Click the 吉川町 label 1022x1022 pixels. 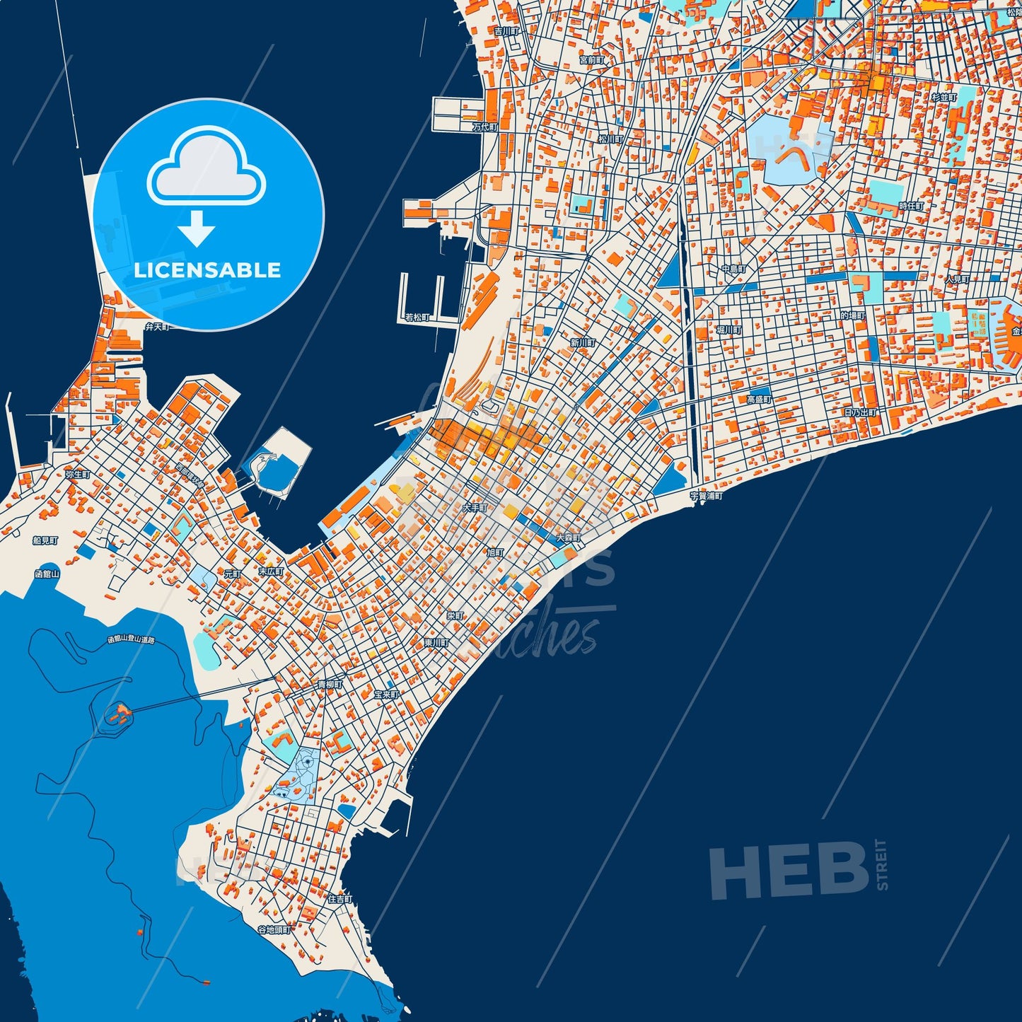(506, 31)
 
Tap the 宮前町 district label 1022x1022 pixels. (591, 61)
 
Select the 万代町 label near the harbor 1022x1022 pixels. (485, 127)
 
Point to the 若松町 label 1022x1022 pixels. (417, 318)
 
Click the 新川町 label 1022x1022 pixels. (583, 343)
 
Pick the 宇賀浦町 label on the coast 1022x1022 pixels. (707, 497)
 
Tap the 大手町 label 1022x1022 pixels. (475, 508)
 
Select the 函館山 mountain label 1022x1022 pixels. (47, 574)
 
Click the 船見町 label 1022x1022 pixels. (45, 540)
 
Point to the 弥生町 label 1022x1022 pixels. (77, 475)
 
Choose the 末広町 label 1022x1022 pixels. (270, 571)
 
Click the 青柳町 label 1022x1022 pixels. (330, 685)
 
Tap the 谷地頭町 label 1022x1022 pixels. (274, 929)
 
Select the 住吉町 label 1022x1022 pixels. (339, 899)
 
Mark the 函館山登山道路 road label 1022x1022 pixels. (131, 639)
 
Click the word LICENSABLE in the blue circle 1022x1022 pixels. (207, 270)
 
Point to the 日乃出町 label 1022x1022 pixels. (861, 412)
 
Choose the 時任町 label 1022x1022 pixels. (911, 206)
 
